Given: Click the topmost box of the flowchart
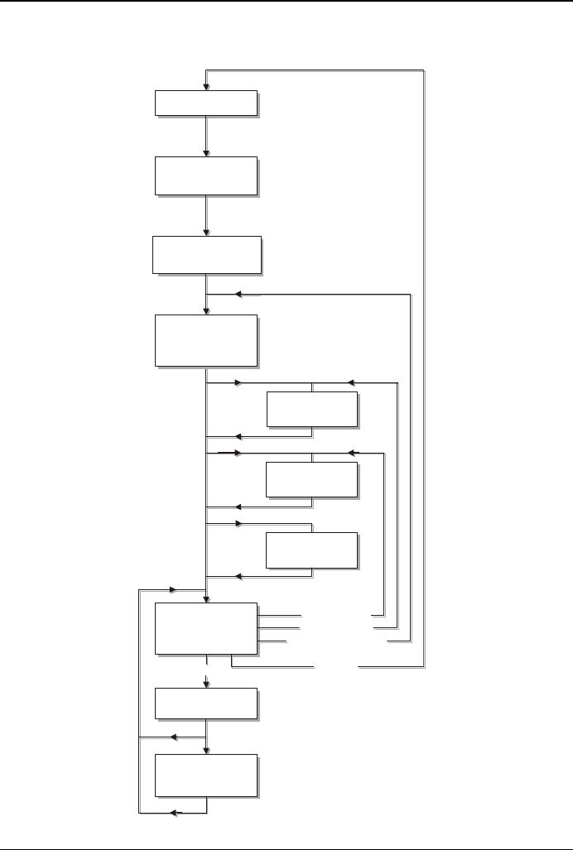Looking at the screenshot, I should click(x=206, y=103).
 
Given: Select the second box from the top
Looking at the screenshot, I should click(x=206, y=175).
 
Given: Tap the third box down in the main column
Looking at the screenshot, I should click(x=207, y=254).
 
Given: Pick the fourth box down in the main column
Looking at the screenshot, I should click(x=206, y=339).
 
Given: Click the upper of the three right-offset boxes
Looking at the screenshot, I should click(x=311, y=409).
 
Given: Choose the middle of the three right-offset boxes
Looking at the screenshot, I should click(x=311, y=479).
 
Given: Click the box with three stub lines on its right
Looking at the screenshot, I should click(x=206, y=628).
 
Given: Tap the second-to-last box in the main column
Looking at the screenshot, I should click(x=206, y=703).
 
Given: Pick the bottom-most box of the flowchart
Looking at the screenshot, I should click(x=206, y=776).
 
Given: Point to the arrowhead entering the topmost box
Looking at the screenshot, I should click(x=206, y=86).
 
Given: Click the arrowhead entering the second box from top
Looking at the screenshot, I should click(x=206, y=152).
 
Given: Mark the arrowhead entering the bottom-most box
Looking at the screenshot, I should click(x=206, y=750).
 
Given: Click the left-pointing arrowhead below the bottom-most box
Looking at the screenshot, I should click(x=175, y=814).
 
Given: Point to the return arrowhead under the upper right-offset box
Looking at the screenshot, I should click(x=238, y=436).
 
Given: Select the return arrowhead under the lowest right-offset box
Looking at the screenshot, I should click(x=238, y=575).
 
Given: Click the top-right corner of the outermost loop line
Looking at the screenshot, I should click(x=424, y=71).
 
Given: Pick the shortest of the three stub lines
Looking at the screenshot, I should click(x=272, y=641).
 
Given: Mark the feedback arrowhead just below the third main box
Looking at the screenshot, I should click(x=238, y=294).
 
